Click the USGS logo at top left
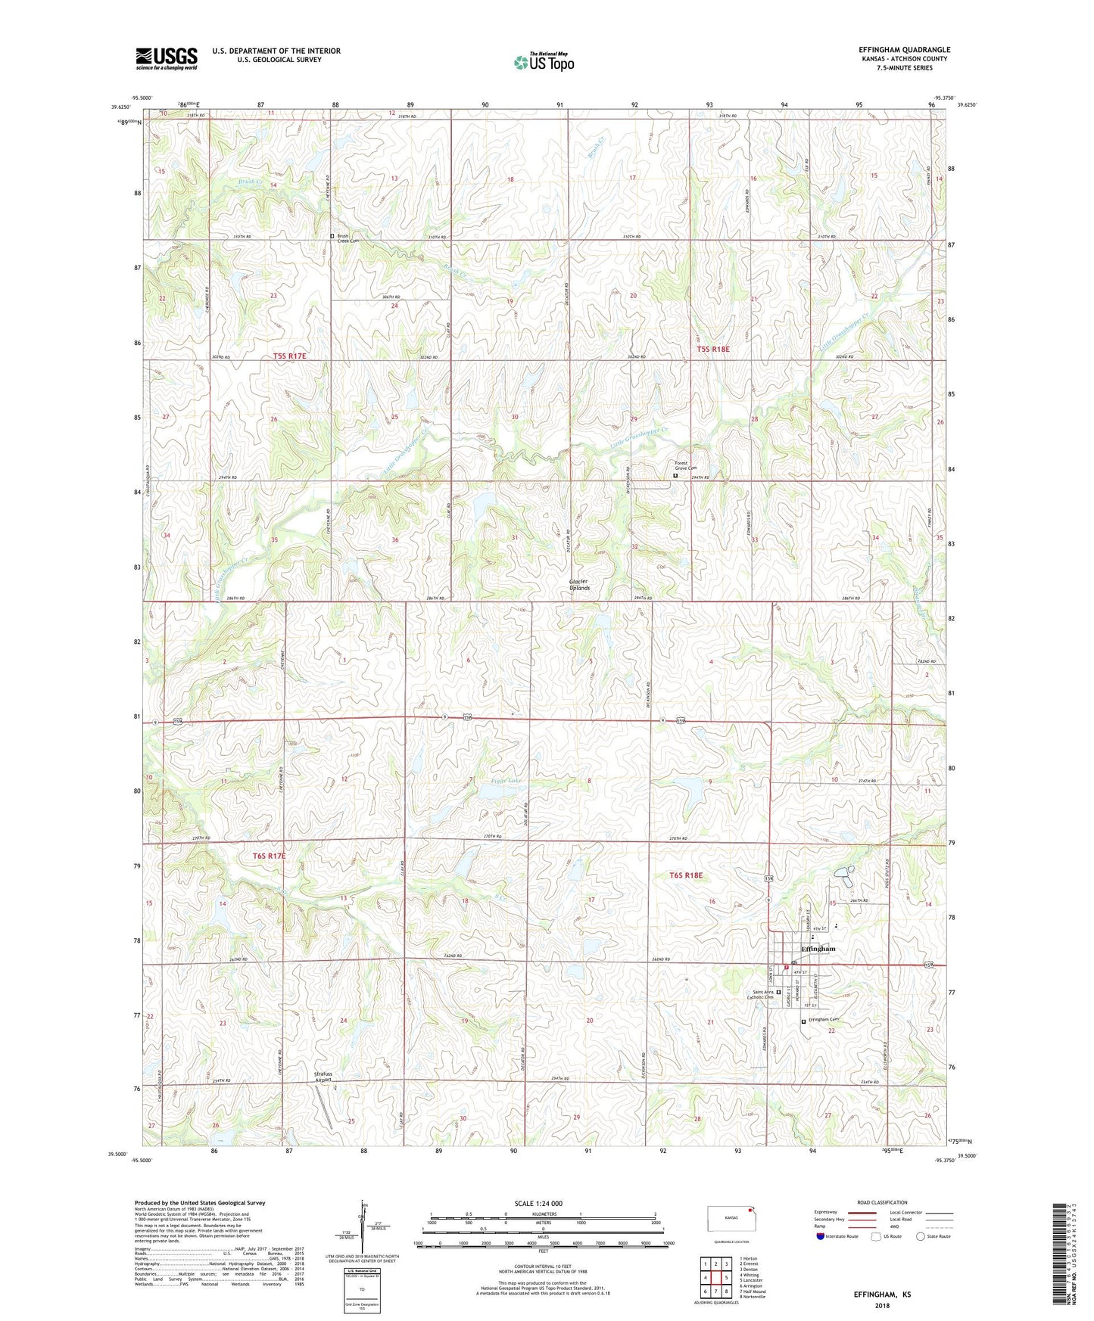click(x=166, y=58)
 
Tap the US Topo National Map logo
click(x=544, y=61)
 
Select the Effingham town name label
click(x=818, y=949)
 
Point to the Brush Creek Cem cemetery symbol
click(x=332, y=236)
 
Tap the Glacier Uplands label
click(x=579, y=584)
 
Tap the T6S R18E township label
click(x=686, y=875)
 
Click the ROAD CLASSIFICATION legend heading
click(x=883, y=1202)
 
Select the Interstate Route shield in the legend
click(x=821, y=1237)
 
